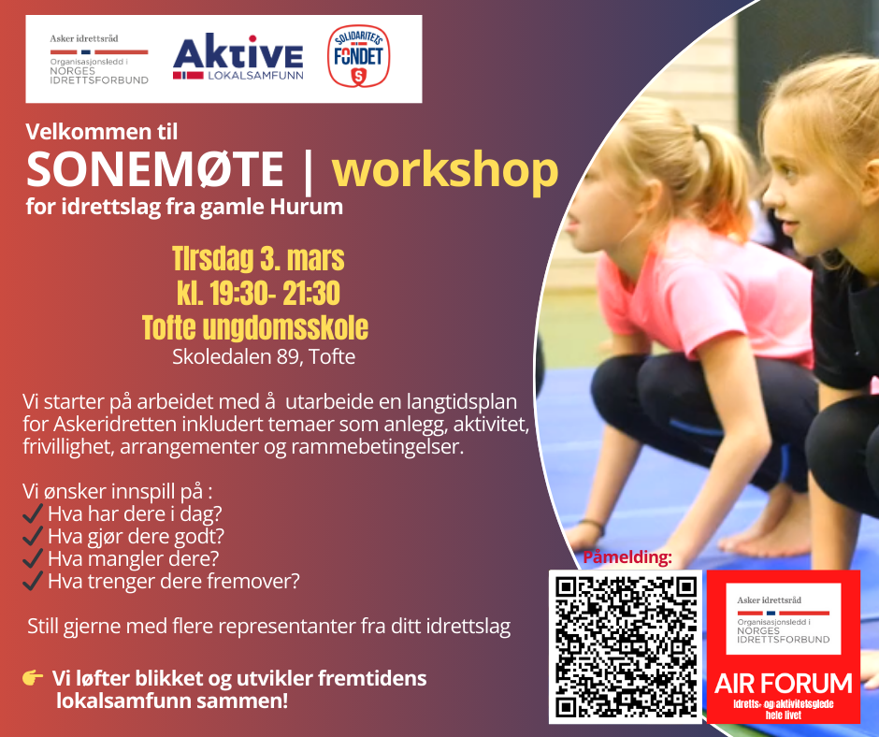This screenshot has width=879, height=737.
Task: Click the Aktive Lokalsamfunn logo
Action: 238,57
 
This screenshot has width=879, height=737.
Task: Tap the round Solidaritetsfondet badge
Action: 358,56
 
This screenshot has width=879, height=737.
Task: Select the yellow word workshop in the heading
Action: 445,169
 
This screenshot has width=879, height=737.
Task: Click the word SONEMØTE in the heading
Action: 154,169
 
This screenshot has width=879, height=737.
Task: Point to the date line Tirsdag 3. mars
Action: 258,258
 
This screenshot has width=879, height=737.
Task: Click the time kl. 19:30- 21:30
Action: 258,293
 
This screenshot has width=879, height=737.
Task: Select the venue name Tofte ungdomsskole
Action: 255,327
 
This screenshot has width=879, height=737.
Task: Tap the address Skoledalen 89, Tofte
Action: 264,356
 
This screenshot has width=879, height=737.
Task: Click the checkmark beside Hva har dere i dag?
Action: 33,513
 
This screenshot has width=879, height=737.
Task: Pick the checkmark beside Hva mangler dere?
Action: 33,558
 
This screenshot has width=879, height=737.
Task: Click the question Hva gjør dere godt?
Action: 136,536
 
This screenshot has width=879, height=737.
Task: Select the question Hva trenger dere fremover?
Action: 174,581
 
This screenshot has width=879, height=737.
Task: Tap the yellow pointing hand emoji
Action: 33,677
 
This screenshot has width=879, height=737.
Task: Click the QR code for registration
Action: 625,646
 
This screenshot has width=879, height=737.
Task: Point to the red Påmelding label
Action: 627,556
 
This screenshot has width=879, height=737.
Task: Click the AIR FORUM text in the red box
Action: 783,684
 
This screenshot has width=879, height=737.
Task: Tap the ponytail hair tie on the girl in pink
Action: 697,133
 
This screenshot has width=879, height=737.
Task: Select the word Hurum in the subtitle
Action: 307,207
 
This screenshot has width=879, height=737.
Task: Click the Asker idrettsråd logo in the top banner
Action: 99,59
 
